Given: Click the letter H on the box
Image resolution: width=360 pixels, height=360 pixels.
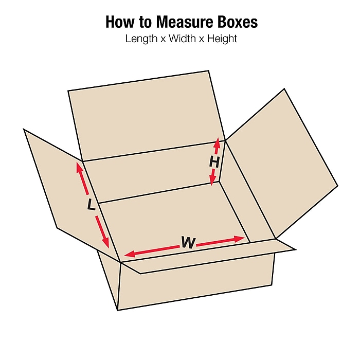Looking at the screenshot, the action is tap(214, 162).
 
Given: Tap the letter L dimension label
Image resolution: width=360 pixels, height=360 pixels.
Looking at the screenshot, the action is tap(91, 205).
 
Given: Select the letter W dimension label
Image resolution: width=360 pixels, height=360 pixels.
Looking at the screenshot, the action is tap(188, 242).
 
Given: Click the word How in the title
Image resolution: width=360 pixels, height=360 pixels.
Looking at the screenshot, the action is tap(120, 22).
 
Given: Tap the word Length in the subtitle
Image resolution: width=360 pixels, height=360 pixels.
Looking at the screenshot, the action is tap(141, 39).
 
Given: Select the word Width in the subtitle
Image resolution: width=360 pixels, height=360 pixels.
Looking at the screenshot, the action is tap(183, 39).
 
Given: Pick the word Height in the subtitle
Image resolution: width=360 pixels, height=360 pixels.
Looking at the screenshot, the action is tap(222, 39).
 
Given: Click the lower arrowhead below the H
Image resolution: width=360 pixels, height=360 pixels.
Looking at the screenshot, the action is tap(213, 180).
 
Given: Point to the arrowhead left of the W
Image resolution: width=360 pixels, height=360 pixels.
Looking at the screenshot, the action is tap(129, 254).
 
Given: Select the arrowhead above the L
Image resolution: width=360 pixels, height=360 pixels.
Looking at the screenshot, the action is tap(79, 168).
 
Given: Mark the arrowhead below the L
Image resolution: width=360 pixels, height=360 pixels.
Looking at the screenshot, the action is tap(106, 242).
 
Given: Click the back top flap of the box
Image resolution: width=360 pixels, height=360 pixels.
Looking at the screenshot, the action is tap(147, 116).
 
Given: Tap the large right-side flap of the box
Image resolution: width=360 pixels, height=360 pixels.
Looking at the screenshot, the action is tap(282, 163).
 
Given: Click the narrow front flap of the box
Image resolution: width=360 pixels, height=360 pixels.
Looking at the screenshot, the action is tap(207, 256).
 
